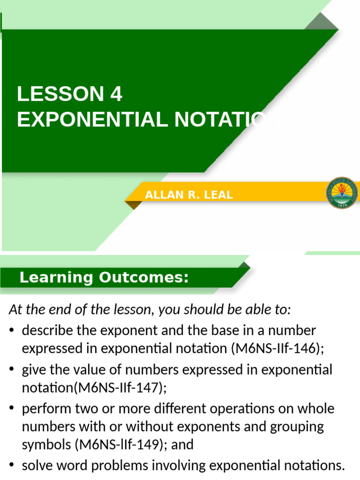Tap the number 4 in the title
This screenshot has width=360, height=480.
tap(116, 94)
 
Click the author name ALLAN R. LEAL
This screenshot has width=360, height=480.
tap(189, 195)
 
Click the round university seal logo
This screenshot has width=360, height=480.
tap(342, 193)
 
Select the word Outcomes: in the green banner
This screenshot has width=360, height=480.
tap(143, 278)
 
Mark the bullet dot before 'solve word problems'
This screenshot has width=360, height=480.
tap(12, 466)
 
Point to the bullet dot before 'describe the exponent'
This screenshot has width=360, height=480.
tap(12, 331)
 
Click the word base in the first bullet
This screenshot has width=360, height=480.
tap(220, 330)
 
